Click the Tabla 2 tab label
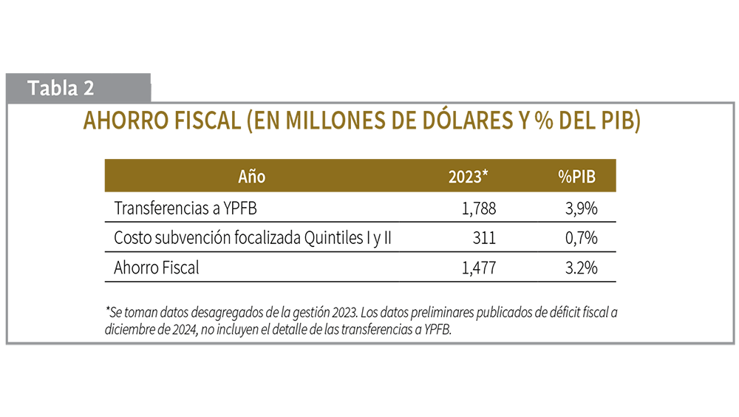click(61, 88)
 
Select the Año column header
click(251, 177)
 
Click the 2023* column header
click(469, 177)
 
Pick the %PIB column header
click(576, 177)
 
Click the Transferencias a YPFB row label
click(185, 208)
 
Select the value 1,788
click(479, 209)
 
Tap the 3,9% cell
click(581, 209)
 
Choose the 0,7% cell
click(581, 239)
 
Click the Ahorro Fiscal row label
click(157, 268)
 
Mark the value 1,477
click(479, 268)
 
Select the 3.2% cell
click(581, 268)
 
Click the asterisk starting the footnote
click(108, 311)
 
